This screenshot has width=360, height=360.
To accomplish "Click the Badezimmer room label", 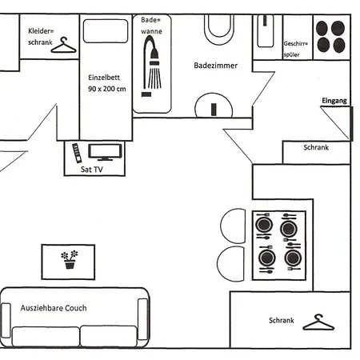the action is coord(215,66).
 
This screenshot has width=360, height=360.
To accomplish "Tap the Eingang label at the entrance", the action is coord(334,101).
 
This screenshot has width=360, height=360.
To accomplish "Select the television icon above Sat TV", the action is coord(105,152).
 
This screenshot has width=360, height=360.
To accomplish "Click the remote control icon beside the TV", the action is coord(77,153).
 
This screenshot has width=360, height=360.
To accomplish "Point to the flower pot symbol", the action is coord(70,259).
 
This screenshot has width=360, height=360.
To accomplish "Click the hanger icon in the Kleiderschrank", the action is coord(64,46).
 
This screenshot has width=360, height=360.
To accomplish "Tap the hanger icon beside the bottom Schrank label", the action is coord(318,322).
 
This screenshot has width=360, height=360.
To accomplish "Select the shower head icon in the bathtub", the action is coord(152,66).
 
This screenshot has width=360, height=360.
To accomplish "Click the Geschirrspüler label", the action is coord(295,49).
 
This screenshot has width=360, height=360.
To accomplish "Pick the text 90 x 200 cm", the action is coord(107,89).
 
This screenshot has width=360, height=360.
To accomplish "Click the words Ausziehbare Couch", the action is coord(54,308).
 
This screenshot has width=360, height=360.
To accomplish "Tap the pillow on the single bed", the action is coord(106,31).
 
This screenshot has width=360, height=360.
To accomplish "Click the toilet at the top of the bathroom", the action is coord(219,29).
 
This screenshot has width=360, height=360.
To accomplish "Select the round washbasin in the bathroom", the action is coord(214,106).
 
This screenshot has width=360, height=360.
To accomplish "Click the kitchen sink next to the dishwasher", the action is coord(265,31).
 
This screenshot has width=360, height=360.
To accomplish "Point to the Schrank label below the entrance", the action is coord(316,147).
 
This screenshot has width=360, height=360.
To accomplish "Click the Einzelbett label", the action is coord(104,78).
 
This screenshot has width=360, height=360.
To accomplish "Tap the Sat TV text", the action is coord(92,170).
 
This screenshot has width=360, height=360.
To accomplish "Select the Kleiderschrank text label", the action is coord(41,37).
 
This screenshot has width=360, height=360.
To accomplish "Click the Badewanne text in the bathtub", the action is coord(151,26).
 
